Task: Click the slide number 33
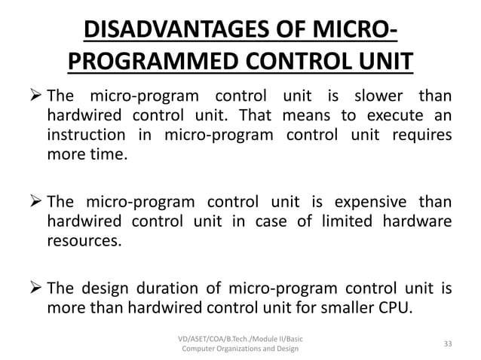click(x=448, y=343)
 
